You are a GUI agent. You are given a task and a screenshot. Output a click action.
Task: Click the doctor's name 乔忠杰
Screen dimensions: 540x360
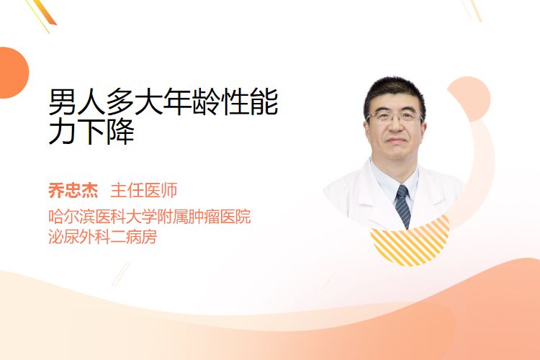click(73, 190)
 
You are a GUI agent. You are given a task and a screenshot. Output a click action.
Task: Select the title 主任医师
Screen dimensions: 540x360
click(144, 190)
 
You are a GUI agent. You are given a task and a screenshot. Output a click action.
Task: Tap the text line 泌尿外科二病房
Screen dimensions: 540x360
click(103, 237)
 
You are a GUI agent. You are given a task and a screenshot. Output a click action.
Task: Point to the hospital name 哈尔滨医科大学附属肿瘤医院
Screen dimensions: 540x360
click(150, 216)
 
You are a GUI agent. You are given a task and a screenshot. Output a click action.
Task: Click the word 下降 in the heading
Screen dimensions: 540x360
click(106, 131)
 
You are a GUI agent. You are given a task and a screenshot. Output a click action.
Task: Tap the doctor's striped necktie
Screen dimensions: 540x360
click(403, 206)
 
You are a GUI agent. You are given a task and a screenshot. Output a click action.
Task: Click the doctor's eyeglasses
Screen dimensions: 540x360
click(395, 117)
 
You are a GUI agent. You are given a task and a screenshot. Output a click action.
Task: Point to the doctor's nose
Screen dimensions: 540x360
click(395, 127)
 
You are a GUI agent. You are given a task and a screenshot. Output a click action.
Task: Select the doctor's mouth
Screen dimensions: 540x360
click(396, 140)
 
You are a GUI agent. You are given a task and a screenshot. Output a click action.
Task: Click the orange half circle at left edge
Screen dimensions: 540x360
click(13, 73)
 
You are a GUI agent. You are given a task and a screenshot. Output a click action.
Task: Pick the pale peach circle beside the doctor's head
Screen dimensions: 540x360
click(471, 97)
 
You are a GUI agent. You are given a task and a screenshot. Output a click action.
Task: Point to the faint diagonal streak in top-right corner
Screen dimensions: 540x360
click(472, 10)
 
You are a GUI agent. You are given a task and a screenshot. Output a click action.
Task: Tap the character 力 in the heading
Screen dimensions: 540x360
click(63, 131)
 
